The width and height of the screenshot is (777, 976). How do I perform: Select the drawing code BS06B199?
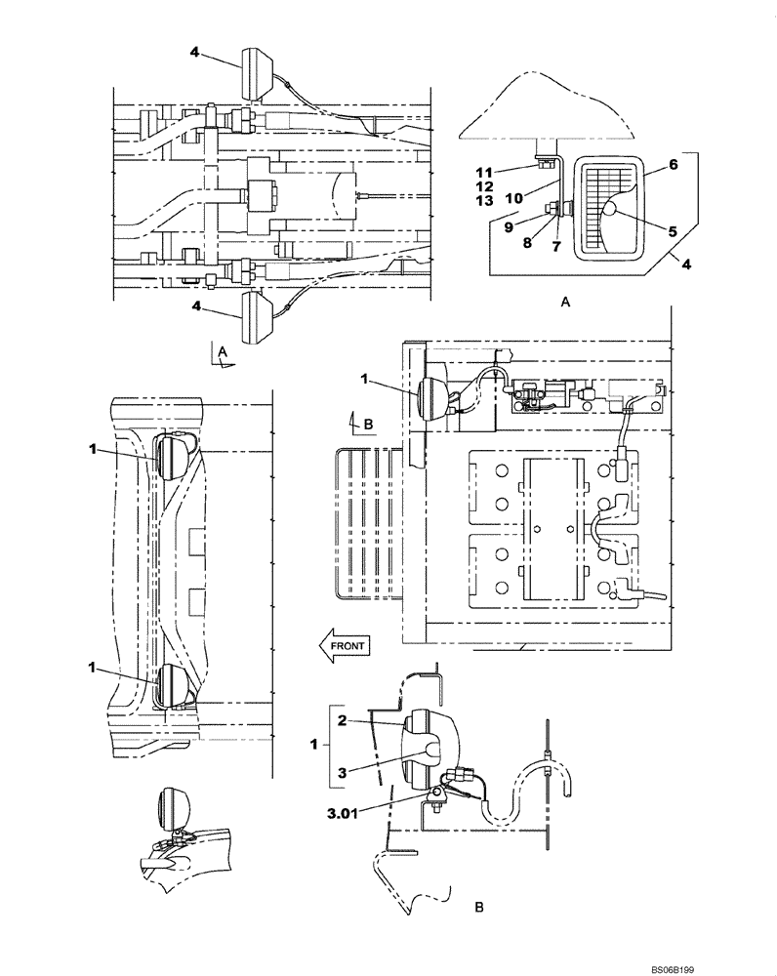coord(730,967)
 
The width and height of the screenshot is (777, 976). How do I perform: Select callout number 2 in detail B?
coord(344,720)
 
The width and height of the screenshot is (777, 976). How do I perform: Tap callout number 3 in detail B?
coord(344,771)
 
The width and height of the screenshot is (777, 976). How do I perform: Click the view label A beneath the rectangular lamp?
coord(565,304)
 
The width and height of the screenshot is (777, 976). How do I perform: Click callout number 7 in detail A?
coord(555,247)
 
